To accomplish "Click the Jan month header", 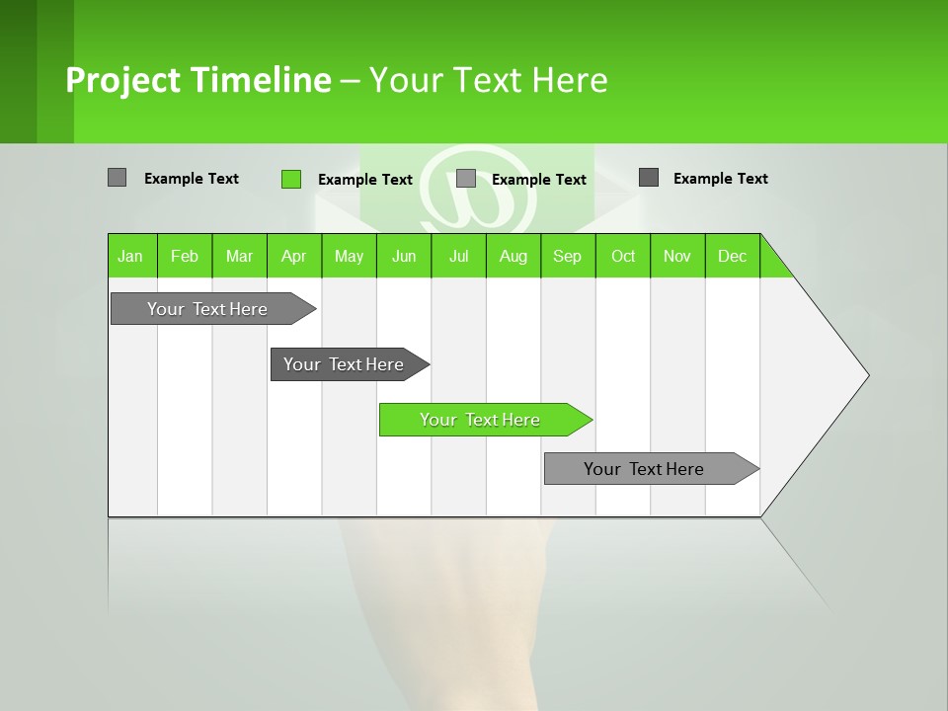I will click(x=131, y=256).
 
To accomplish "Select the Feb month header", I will click(x=185, y=256).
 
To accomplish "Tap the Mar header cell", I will click(x=239, y=256).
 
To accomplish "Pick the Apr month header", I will click(x=294, y=256).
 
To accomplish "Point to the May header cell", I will click(x=349, y=256).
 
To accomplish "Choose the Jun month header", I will click(x=404, y=256).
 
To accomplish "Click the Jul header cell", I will click(x=458, y=256).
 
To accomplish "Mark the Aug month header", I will click(x=513, y=256).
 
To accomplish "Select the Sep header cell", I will click(x=568, y=256).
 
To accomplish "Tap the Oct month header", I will click(x=623, y=256).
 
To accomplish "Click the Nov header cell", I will click(x=677, y=256).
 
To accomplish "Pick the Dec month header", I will click(x=733, y=256).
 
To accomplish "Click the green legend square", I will click(x=291, y=179).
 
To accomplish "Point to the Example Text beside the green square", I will click(x=364, y=180).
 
